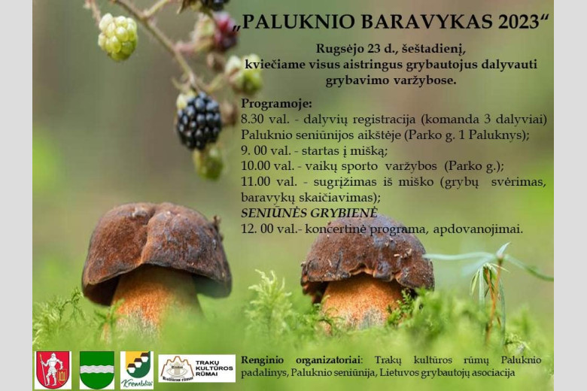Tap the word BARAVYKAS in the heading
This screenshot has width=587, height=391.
(x=427, y=22)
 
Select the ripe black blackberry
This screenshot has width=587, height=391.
(x=199, y=120)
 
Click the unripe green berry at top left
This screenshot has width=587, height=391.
(x=117, y=37)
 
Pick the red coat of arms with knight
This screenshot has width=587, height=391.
(x=53, y=370)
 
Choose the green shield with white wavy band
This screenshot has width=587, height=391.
(x=97, y=370)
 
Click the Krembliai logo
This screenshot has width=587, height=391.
(x=137, y=370)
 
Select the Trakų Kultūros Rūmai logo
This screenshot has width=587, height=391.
(x=197, y=368)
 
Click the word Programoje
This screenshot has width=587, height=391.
(x=276, y=104)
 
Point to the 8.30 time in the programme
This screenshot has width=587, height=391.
(x=252, y=120)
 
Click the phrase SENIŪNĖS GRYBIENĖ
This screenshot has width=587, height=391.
(x=309, y=213)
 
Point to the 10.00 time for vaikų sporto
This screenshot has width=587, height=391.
(x=255, y=165)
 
